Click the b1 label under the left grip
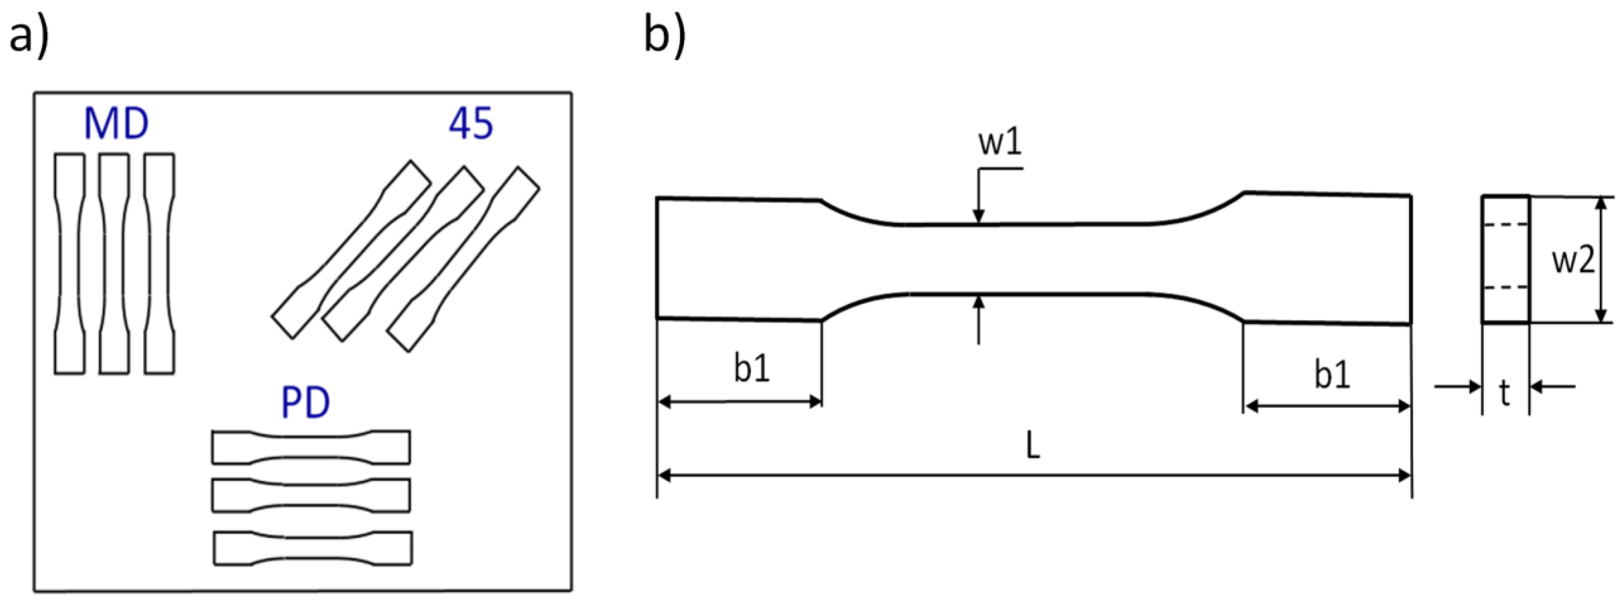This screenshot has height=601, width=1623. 752,369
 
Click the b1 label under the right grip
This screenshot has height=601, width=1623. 1332,375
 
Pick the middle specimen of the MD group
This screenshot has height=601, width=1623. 114,264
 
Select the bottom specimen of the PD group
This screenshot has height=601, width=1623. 313,548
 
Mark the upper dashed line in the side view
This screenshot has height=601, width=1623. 1505,224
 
